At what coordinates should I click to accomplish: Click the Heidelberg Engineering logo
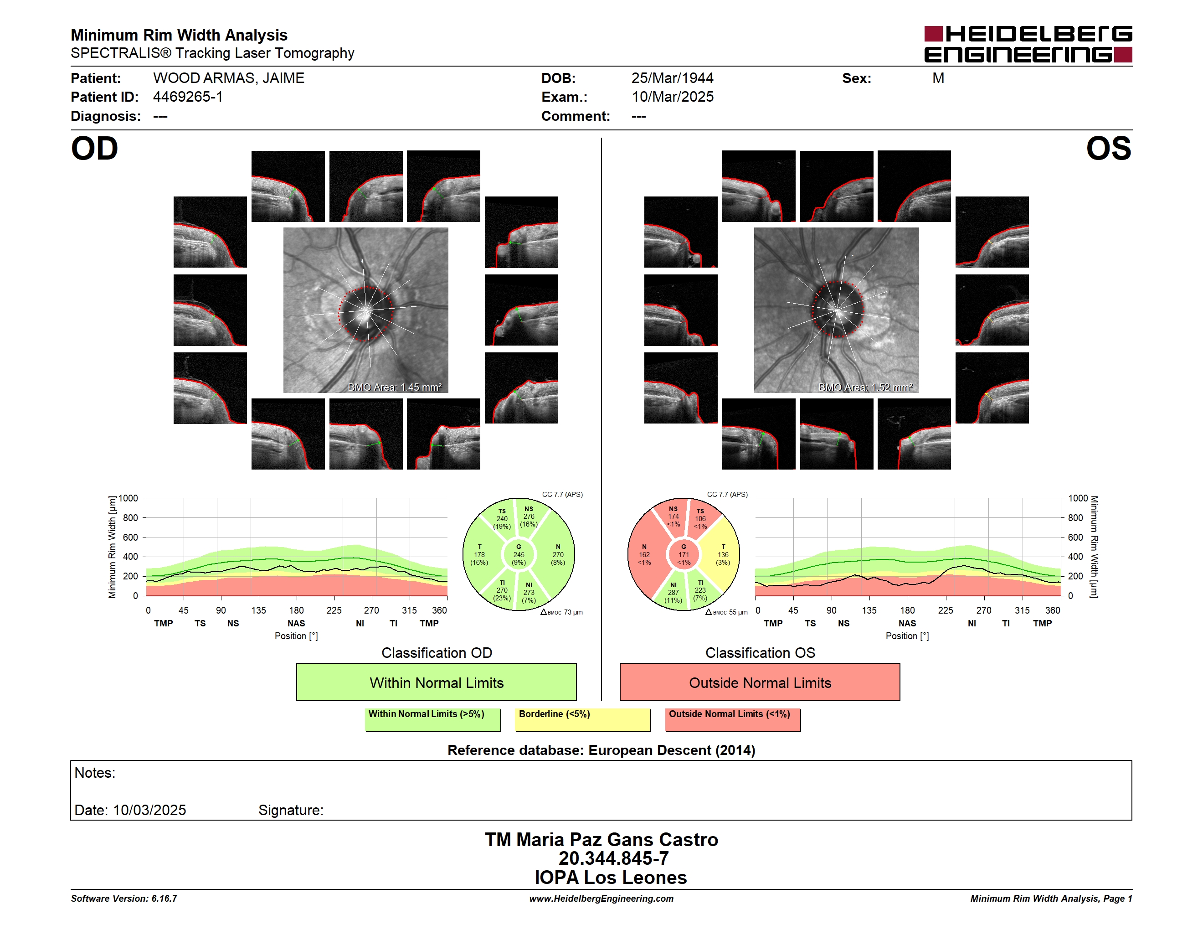(x=1028, y=44)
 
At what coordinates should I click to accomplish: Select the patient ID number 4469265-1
(x=188, y=97)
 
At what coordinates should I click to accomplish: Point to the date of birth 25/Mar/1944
(x=672, y=78)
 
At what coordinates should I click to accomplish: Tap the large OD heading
(x=95, y=149)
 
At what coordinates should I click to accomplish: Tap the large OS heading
(x=1108, y=149)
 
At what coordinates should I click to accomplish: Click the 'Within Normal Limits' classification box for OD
(x=436, y=682)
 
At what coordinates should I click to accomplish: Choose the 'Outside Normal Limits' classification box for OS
(x=760, y=682)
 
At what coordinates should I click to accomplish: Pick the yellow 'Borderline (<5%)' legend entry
(x=583, y=719)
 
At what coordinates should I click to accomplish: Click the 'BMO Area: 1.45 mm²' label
(x=394, y=387)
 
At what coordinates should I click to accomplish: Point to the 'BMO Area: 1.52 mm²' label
(x=865, y=387)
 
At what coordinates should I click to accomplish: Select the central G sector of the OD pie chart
(x=518, y=555)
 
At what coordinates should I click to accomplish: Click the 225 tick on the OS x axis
(x=945, y=610)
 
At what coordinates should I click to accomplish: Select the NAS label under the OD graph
(x=296, y=624)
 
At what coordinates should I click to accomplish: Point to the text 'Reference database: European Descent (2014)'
(x=601, y=750)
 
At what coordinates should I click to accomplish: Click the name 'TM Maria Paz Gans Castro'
(x=601, y=840)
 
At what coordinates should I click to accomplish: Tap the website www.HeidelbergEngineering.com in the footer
(x=601, y=899)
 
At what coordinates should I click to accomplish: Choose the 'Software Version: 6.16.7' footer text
(x=124, y=899)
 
